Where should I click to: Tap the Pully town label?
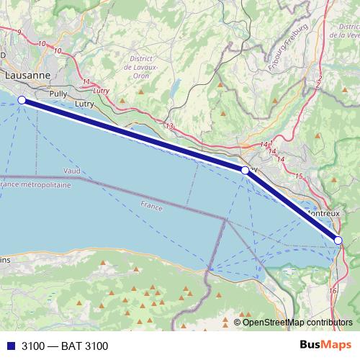click(58, 94)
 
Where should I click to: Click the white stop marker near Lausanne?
click(22, 100)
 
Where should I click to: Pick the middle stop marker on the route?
click(245, 171)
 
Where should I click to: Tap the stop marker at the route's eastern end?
click(338, 240)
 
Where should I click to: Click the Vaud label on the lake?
click(72, 171)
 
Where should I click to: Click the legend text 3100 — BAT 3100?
click(65, 346)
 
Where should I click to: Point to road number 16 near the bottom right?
click(333, 290)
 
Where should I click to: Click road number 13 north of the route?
click(170, 127)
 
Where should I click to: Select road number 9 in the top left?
click(19, 32)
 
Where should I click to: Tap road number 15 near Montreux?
click(298, 176)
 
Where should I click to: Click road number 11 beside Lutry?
click(87, 81)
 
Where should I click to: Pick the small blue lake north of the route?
click(174, 88)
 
